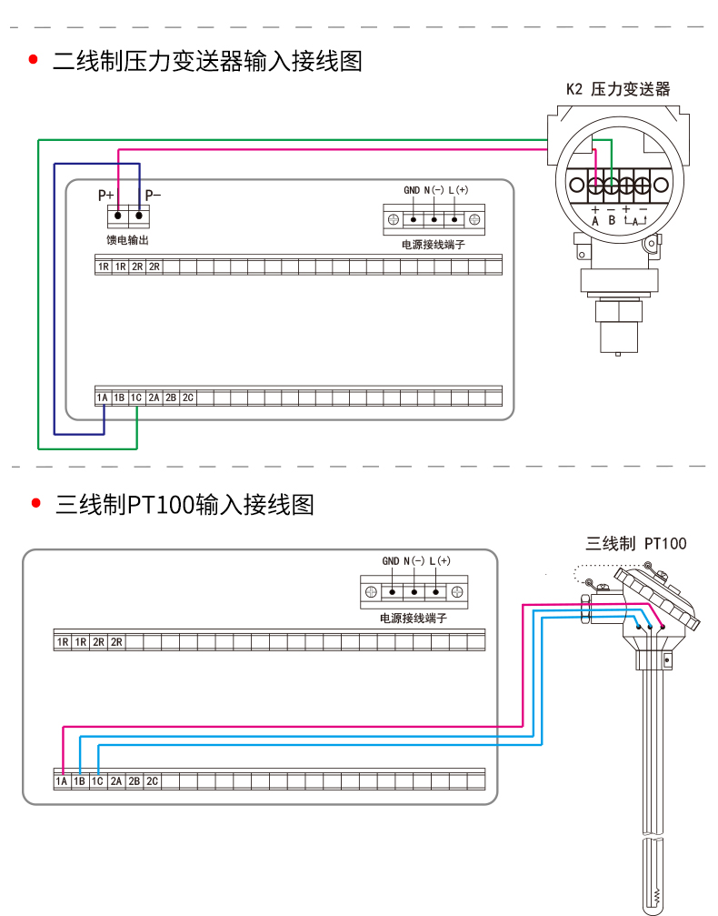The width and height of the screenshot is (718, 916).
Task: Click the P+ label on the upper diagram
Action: pyautogui.click(x=105, y=196)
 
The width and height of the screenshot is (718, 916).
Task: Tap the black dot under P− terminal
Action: pyautogui.click(x=139, y=216)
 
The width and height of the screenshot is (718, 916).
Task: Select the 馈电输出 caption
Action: pyautogui.click(x=128, y=240)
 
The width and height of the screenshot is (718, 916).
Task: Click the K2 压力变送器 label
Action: pyautogui.click(x=618, y=89)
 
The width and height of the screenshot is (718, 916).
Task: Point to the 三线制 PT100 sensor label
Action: pyautogui.click(x=636, y=544)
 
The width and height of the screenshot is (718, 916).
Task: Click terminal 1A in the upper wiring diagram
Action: pyautogui.click(x=102, y=398)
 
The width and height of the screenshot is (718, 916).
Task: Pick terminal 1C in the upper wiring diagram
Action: pyautogui.click(x=136, y=398)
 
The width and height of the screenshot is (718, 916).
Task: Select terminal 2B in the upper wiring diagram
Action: pyautogui.click(x=171, y=398)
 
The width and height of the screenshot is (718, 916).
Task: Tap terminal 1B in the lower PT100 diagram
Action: pyautogui.click(x=79, y=781)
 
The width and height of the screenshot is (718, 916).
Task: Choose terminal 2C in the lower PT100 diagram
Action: pyautogui.click(x=152, y=781)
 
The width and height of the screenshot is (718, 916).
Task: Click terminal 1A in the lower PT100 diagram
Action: pyautogui.click(x=61, y=781)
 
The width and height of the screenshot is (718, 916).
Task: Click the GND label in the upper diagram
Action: pyautogui.click(x=412, y=190)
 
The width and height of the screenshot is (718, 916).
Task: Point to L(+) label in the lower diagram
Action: pyautogui.click(x=440, y=561)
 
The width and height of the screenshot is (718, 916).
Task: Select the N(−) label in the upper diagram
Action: pyautogui.click(x=434, y=190)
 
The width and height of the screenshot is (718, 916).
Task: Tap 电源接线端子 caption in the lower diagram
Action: pyautogui.click(x=414, y=618)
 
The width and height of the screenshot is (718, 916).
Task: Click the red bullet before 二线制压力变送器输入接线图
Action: pyautogui.click(x=34, y=60)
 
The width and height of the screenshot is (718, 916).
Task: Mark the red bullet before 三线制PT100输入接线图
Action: pyautogui.click(x=36, y=503)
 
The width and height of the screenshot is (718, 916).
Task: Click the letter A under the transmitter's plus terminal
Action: pyautogui.click(x=594, y=221)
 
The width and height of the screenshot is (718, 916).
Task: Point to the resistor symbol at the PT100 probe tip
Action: pyautogui.click(x=656, y=896)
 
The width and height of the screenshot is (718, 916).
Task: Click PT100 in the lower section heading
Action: pyautogui.click(x=160, y=505)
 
